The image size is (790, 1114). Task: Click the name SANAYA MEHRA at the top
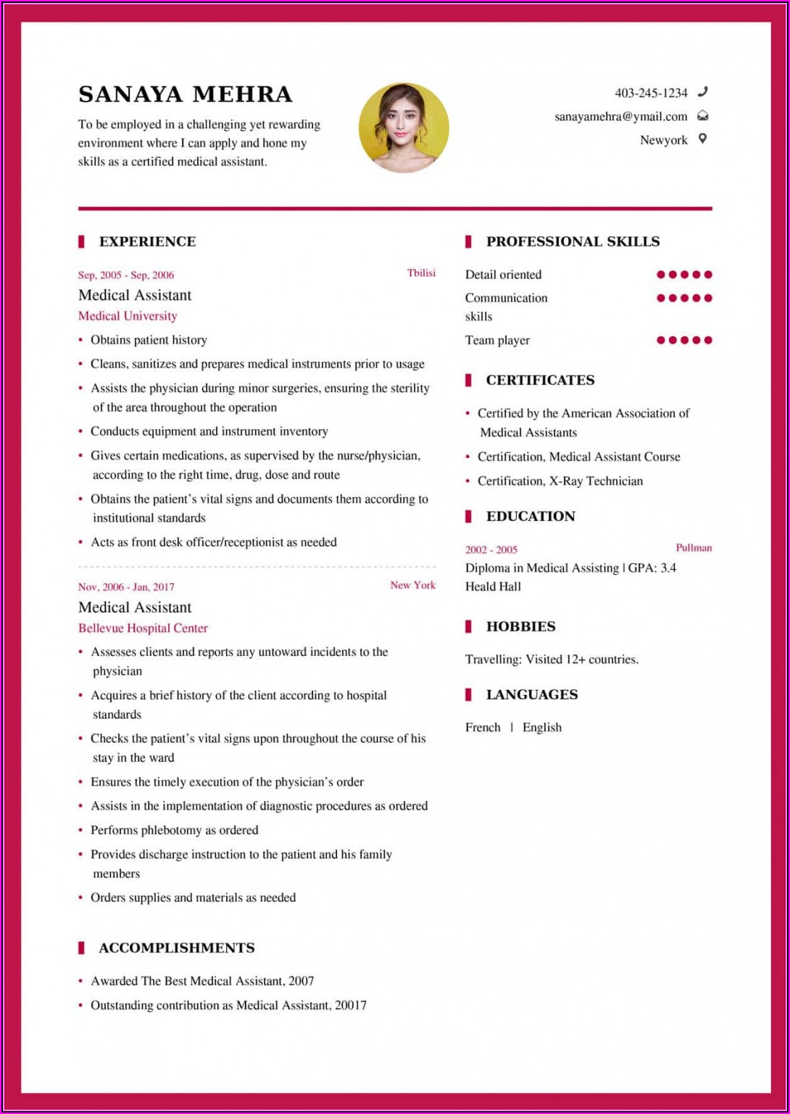coord(185,95)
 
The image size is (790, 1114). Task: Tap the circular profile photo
coord(404,128)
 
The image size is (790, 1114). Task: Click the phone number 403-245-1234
coord(651,93)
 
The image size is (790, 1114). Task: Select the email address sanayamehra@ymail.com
coord(620,117)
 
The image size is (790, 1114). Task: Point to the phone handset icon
coord(702,92)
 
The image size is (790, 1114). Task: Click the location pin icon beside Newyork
coord(702,139)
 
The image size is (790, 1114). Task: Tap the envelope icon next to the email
coord(702,116)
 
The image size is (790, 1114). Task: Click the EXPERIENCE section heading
coord(147,242)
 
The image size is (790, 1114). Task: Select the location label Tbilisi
coord(421,273)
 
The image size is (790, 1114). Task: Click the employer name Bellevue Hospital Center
coord(143,628)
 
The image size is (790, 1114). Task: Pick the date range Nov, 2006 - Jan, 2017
coord(126,587)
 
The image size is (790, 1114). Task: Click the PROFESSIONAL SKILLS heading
coord(573,242)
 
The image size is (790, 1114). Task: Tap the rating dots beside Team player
coord(684,340)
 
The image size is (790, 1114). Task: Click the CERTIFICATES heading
coord(540,381)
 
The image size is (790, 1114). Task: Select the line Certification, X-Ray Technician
coord(560,481)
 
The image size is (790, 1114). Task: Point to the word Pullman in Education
coord(694,548)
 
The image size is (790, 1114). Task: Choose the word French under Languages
coord(483,728)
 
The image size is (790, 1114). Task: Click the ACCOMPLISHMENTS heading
coord(176,948)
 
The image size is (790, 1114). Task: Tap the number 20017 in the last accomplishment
coord(351,1005)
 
